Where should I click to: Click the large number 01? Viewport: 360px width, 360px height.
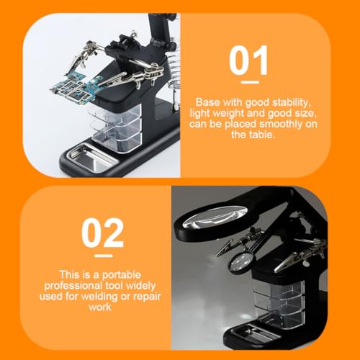click(248, 60)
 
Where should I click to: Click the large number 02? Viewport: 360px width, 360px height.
click(103, 233)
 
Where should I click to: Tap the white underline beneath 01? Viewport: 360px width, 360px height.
click(250, 82)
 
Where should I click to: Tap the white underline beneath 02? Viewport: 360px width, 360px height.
click(104, 256)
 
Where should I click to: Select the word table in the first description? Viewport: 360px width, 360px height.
click(262, 135)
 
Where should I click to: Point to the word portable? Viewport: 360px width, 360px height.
click(122, 275)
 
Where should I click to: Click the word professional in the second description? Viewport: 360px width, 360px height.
click(73, 286)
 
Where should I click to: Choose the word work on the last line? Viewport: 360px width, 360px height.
click(100, 307)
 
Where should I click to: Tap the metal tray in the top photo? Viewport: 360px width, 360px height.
click(91, 157)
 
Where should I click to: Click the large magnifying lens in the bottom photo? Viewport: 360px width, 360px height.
click(215, 217)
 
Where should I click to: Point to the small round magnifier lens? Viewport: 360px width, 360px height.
click(242, 261)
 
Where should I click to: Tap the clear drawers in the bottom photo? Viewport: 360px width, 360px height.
click(279, 301)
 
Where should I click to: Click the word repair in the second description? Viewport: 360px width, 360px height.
click(147, 297)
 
